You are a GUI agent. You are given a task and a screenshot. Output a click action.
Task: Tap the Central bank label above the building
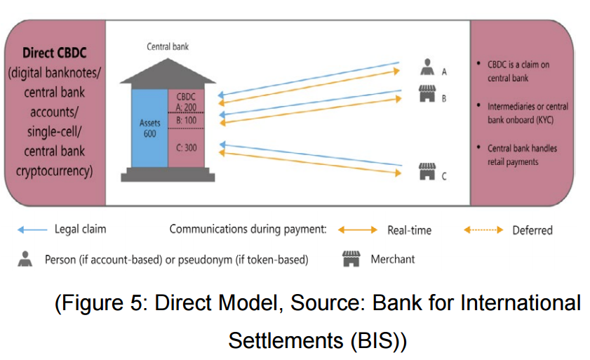click(168, 47)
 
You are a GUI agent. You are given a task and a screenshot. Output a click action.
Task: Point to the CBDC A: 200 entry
click(186, 102)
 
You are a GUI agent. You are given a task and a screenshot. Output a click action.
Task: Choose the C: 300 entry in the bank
click(186, 148)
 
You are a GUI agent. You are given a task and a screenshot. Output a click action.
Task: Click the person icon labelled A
click(427, 68)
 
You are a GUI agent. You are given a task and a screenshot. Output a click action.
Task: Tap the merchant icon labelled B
click(427, 95)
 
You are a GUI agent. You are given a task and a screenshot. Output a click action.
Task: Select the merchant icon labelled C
click(427, 171)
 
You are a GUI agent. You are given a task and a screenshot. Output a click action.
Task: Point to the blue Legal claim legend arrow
click(32, 229)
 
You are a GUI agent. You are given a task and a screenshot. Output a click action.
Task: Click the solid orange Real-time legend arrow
click(357, 229)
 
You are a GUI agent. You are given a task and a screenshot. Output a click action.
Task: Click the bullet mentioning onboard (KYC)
click(527, 113)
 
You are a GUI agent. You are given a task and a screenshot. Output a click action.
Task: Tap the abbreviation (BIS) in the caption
click(379, 340)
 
